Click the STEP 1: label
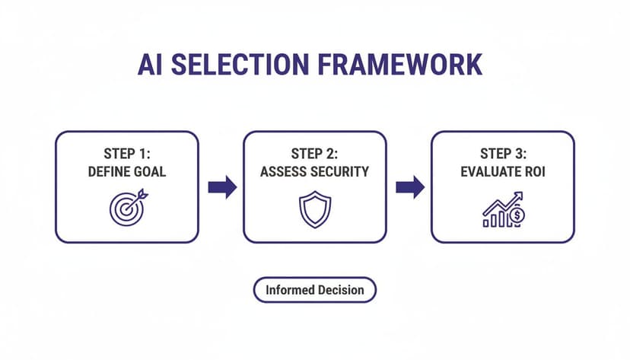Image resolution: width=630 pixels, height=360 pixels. coord(126,155)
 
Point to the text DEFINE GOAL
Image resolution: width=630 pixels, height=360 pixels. coord(126,172)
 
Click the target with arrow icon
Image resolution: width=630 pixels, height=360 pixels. coord(126,208)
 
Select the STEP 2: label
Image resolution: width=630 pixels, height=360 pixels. coord(315,155)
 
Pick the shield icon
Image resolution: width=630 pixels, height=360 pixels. coord(314,209)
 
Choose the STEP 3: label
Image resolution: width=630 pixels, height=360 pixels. coord(502,155)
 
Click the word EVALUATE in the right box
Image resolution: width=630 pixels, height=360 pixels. coord(490,172)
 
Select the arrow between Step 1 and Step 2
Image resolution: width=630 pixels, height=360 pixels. coord(222,187)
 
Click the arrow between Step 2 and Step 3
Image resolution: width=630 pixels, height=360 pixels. coord(410,187)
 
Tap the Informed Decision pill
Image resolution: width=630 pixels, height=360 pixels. coord(314,290)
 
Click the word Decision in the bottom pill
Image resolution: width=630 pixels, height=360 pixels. coord(339,290)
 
